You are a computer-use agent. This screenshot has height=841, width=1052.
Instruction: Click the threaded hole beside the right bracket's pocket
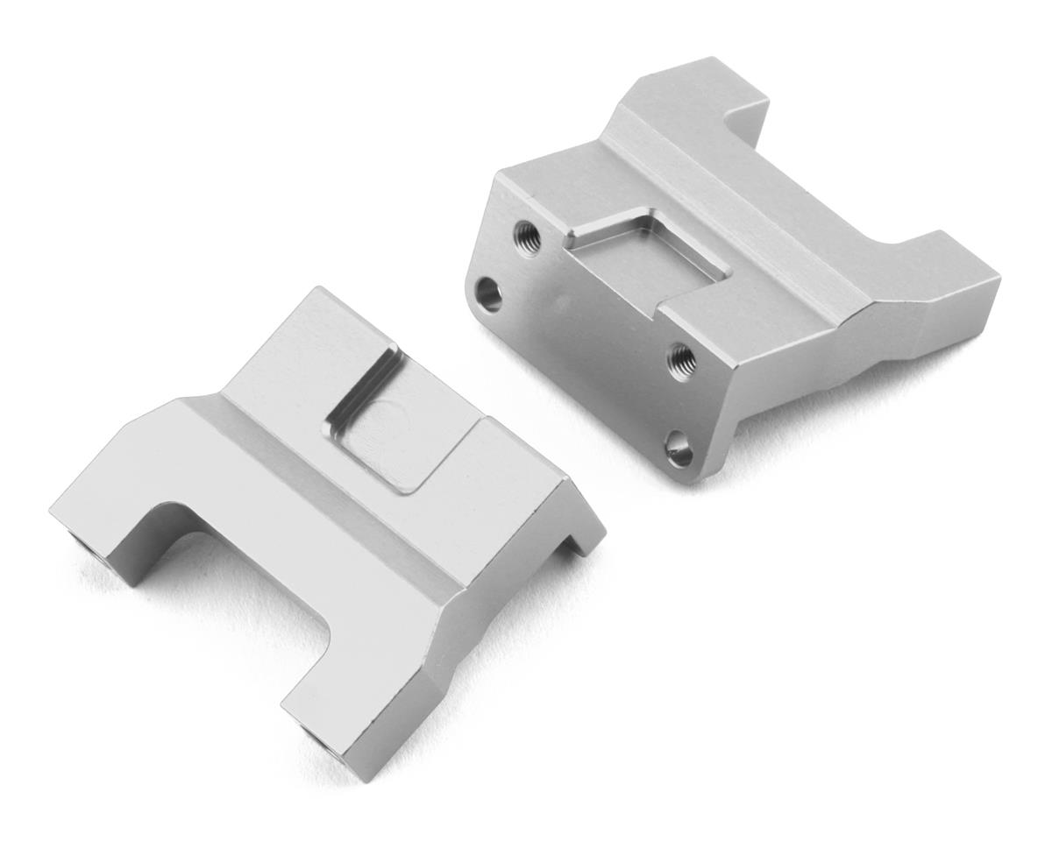click(528, 234)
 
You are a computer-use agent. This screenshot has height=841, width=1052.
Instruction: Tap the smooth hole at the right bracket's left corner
click(490, 294)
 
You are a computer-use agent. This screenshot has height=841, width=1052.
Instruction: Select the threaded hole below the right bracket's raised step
click(681, 359)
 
